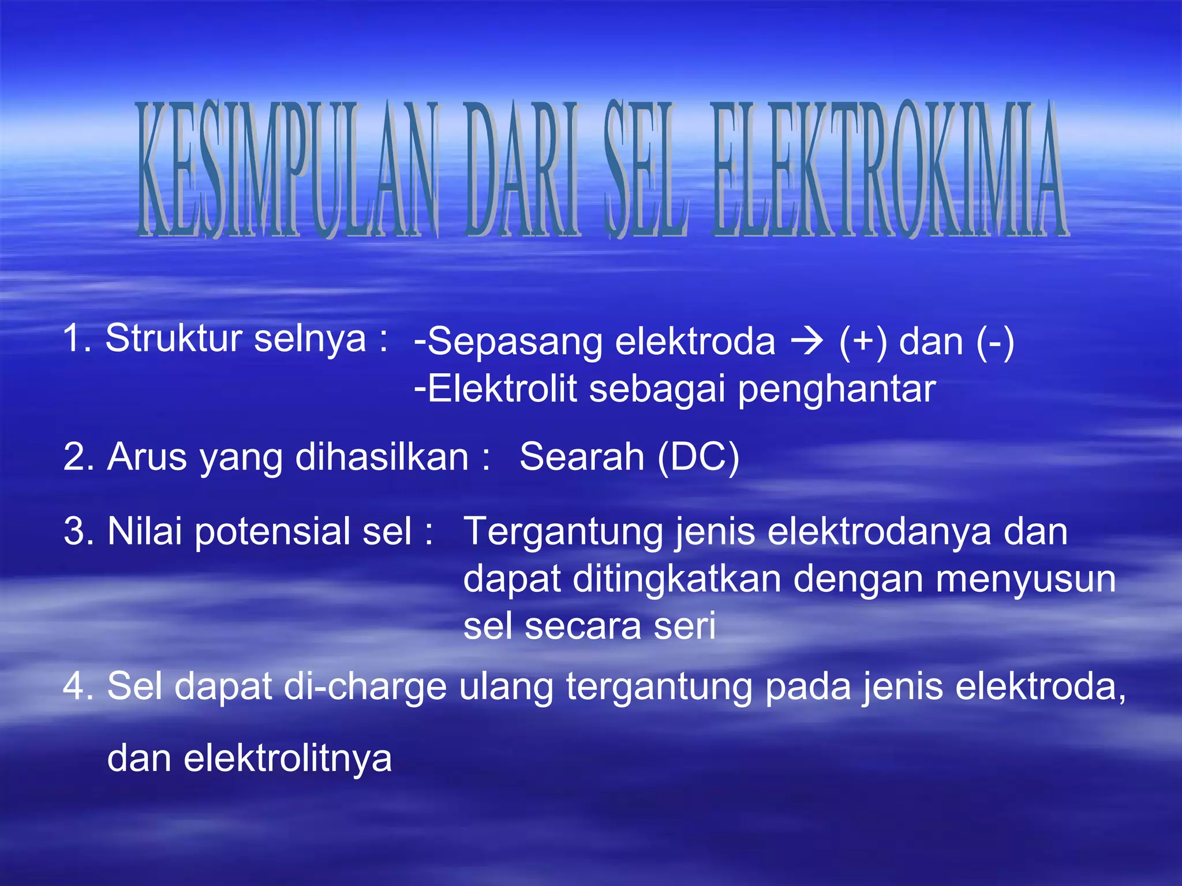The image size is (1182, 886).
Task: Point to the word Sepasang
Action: (514, 342)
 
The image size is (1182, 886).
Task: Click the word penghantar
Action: (836, 390)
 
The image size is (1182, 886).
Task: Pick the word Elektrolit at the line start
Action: (502, 389)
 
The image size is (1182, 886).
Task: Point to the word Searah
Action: (582, 457)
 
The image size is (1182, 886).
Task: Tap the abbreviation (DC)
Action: (698, 457)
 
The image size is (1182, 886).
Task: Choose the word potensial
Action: (273, 531)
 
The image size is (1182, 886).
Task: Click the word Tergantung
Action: (563, 532)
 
